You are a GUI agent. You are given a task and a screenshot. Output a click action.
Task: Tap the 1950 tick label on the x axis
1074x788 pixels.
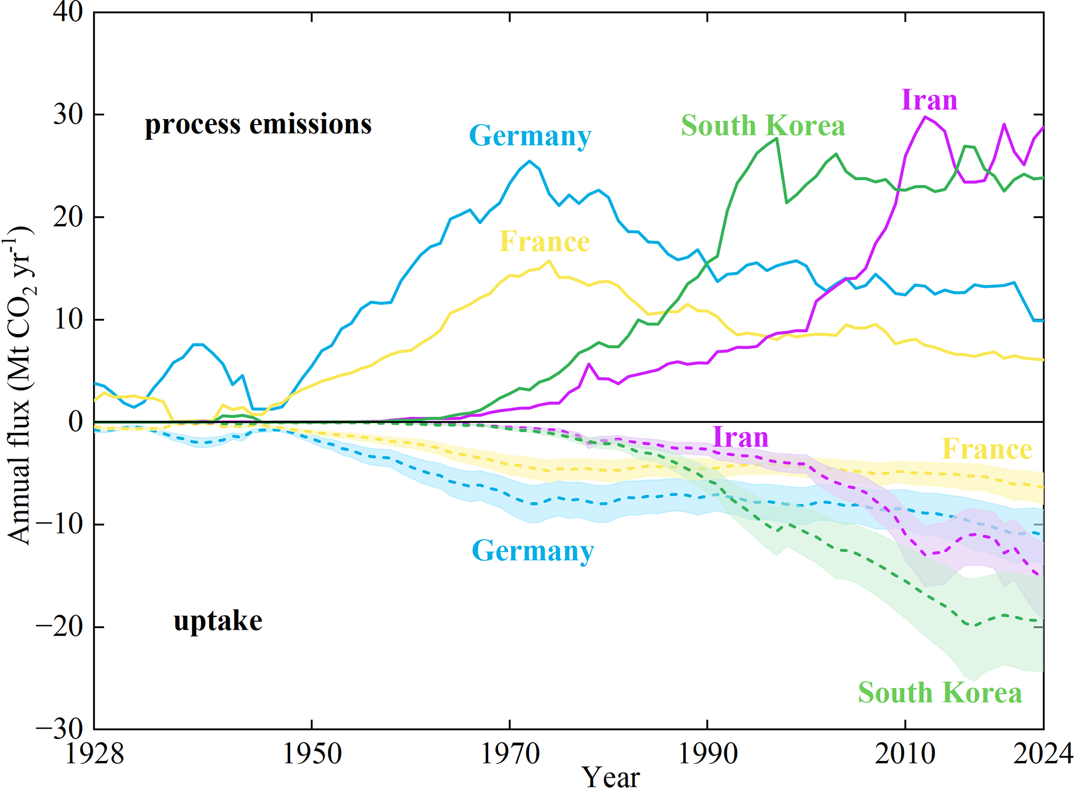click(x=312, y=754)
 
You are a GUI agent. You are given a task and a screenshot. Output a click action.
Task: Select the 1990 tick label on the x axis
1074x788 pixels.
click(x=707, y=754)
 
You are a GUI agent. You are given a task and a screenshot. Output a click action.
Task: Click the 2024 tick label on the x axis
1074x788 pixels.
click(x=1042, y=754)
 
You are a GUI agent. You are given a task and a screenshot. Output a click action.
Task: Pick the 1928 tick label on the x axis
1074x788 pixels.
click(x=95, y=754)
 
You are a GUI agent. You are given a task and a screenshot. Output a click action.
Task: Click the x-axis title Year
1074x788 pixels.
click(x=611, y=777)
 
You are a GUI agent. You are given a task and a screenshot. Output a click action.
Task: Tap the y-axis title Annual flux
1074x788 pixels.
click(x=20, y=385)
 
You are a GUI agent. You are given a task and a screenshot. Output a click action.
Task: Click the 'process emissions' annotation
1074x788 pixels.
click(x=258, y=125)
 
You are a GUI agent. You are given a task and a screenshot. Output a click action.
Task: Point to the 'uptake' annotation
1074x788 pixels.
click(x=218, y=621)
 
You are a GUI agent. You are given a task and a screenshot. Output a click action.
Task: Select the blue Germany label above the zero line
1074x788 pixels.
click(x=530, y=136)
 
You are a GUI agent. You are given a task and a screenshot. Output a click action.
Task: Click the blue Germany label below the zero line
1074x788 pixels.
click(x=533, y=551)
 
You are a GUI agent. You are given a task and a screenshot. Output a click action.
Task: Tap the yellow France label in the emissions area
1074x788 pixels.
click(x=545, y=242)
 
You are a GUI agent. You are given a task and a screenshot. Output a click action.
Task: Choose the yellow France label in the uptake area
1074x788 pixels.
click(x=987, y=449)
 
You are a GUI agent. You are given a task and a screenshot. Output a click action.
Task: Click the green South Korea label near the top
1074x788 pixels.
click(x=763, y=126)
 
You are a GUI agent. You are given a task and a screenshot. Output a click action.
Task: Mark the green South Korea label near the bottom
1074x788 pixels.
click(x=939, y=692)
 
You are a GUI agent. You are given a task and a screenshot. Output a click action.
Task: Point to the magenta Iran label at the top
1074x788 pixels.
click(x=929, y=100)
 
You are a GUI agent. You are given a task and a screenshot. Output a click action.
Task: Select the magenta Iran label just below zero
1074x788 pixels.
click(x=740, y=437)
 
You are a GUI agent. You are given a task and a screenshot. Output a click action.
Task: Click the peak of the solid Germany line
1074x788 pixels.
click(x=529, y=161)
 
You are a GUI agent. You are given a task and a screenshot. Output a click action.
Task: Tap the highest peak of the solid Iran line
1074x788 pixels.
click(x=925, y=116)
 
